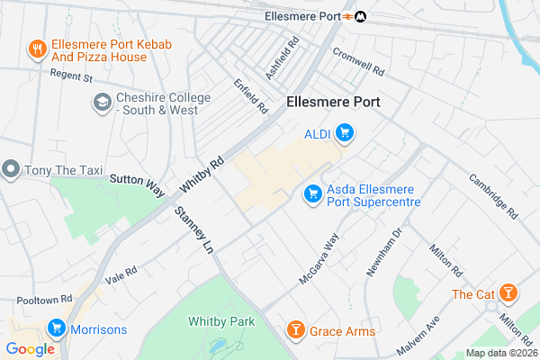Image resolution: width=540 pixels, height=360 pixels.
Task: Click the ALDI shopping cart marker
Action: (343, 135)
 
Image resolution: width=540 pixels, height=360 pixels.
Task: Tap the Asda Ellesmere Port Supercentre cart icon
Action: (313, 193)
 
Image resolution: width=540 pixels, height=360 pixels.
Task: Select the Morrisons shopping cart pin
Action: (57, 328)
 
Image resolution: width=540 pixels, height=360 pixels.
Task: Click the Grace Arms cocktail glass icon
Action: (294, 331)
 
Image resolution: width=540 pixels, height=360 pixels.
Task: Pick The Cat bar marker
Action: (508, 293)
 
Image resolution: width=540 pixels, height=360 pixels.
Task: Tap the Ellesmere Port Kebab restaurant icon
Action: (37, 48)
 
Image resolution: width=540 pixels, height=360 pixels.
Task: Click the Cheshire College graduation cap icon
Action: (102, 103)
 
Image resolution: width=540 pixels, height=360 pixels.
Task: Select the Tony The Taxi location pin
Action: (11, 168)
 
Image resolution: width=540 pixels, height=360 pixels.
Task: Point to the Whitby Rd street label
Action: (201, 175)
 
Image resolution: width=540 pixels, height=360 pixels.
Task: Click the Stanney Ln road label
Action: (195, 229)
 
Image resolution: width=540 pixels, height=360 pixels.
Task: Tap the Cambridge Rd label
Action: (493, 195)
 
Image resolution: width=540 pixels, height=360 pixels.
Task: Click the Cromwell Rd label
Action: (357, 61)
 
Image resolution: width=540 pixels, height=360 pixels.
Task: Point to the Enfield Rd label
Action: (251, 95)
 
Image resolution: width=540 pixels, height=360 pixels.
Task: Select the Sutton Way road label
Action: (137, 184)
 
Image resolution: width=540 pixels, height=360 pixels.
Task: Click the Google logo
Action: (30, 349)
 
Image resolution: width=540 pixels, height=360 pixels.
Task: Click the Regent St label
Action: (71, 77)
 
